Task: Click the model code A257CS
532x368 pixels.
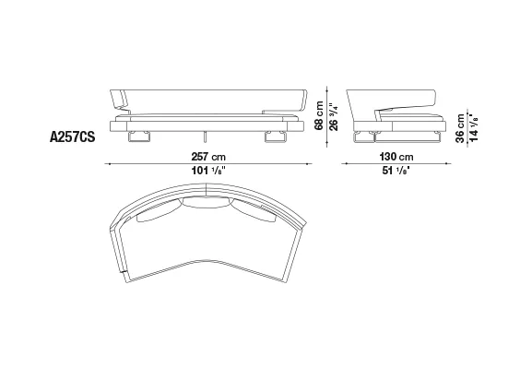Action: click(72, 137)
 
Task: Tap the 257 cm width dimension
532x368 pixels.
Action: click(208, 157)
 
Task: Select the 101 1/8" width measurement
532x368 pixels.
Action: click(208, 171)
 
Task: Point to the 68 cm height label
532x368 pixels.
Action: click(319, 115)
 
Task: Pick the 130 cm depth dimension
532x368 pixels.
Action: click(396, 157)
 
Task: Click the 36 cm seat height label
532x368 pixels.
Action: click(460, 128)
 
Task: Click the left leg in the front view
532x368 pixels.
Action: click(139, 137)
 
